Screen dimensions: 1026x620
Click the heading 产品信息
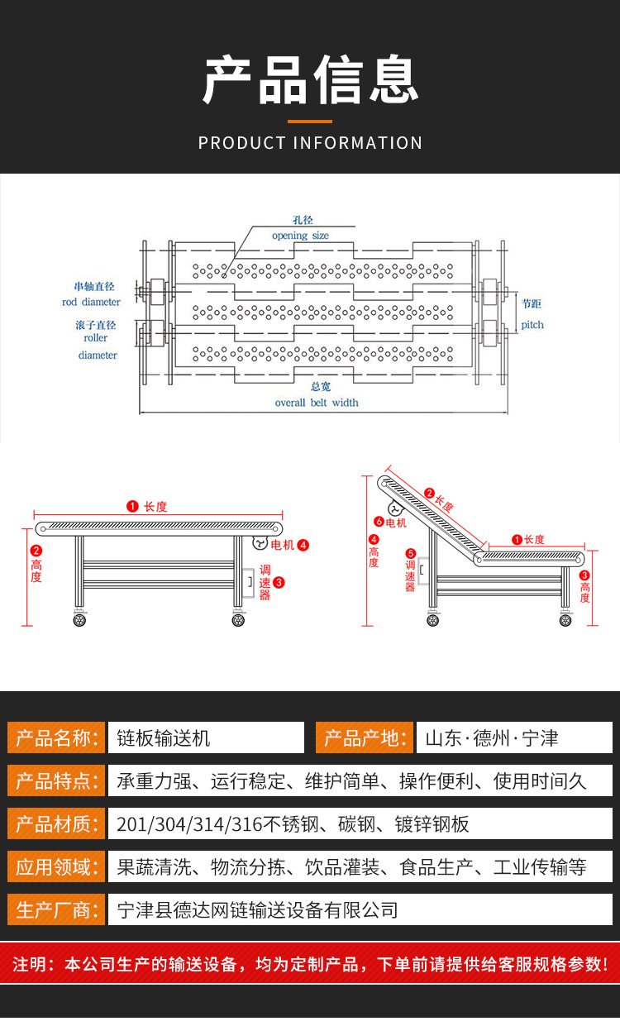[x=310, y=80]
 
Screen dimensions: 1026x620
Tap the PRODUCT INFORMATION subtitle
[x=310, y=143]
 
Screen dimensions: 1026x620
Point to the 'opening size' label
[x=300, y=236]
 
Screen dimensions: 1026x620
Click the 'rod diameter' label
[x=91, y=302]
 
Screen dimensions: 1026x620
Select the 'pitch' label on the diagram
[x=532, y=325]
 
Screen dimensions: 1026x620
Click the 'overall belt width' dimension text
[x=317, y=403]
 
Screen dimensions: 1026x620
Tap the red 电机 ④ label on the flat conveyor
[x=289, y=545]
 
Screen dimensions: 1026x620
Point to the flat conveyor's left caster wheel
[x=80, y=619]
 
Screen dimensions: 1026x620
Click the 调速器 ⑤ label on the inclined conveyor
[x=410, y=570]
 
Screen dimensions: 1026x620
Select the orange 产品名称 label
[x=56, y=737]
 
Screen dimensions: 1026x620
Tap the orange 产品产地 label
[x=364, y=737]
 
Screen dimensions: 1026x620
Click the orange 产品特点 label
[x=56, y=780]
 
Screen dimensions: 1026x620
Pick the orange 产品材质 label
[x=56, y=823]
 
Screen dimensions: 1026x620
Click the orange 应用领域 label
[x=56, y=866]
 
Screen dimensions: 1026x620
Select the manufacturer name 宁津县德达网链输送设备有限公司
[x=258, y=910]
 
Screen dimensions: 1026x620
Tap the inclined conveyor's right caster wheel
[x=565, y=619]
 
